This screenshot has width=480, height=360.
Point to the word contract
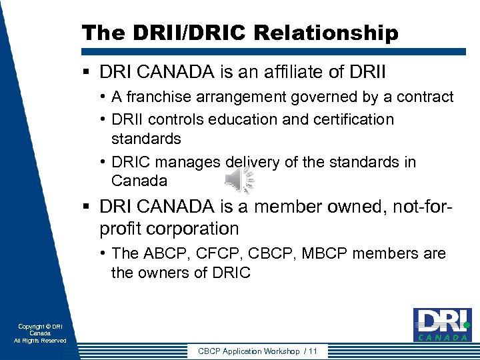pos(425,97)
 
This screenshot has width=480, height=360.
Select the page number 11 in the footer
pos(313,351)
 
